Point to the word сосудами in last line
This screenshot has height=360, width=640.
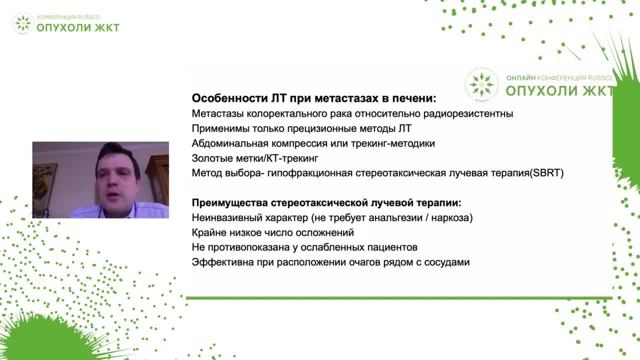click(447, 262)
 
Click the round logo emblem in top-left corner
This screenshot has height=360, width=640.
click(23, 23)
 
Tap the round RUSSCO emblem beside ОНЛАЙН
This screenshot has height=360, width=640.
click(481, 83)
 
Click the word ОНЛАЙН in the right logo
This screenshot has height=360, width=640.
click(520, 78)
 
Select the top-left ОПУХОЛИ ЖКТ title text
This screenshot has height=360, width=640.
click(78, 27)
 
